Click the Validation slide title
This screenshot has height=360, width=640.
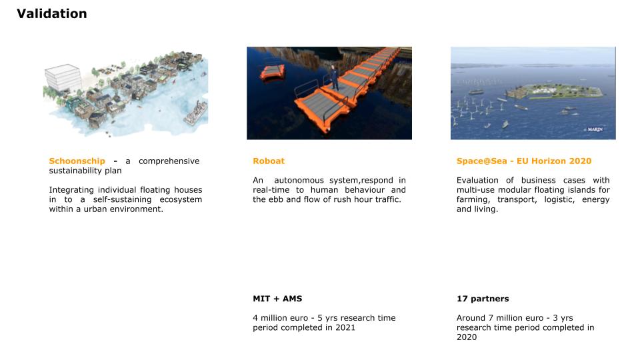[x=51, y=13]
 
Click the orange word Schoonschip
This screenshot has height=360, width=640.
[x=77, y=161]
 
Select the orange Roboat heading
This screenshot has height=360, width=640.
[x=269, y=161]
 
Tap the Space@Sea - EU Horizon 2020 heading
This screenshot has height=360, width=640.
[x=523, y=161]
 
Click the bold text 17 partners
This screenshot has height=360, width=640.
[x=483, y=299]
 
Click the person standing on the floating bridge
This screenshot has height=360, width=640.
[x=335, y=78]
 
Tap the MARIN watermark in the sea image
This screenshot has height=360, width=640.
[x=595, y=129]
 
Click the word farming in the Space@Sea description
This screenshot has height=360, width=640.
[x=472, y=200]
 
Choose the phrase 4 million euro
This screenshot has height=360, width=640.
[x=280, y=318]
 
